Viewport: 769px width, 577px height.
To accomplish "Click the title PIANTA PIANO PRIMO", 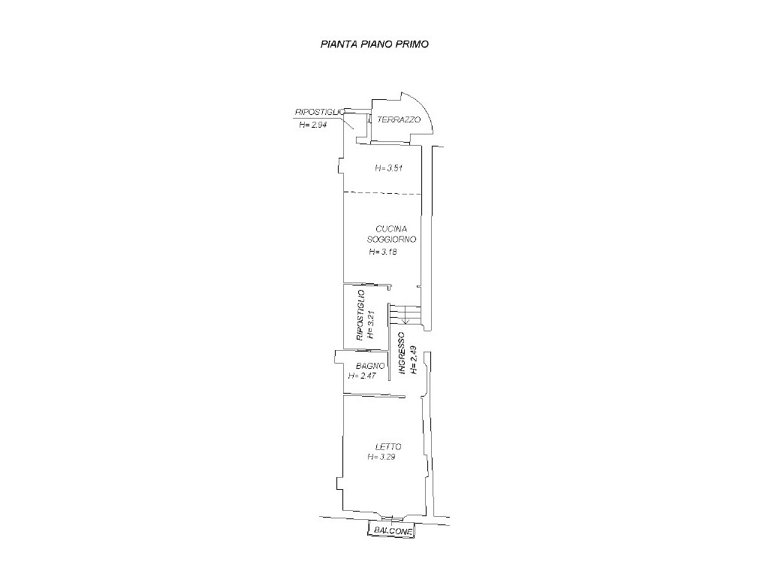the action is click(x=375, y=44).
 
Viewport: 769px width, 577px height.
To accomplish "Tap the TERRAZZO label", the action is click(x=399, y=119).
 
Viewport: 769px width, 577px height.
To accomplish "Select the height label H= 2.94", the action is click(x=313, y=125).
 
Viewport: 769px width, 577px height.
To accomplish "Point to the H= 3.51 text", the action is click(x=388, y=168).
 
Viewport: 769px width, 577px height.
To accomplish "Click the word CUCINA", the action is click(x=391, y=228).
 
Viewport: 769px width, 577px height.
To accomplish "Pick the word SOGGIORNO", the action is click(x=391, y=240).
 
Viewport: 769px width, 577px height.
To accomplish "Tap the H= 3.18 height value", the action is click(x=382, y=252).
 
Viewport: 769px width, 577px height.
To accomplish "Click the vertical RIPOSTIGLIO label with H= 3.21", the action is click(x=366, y=316).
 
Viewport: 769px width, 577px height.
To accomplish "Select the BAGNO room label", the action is click(x=370, y=366).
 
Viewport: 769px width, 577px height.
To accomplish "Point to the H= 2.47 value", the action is click(x=362, y=376).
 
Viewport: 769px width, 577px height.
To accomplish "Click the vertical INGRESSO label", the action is click(x=402, y=354).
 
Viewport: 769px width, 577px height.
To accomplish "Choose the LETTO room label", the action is click(x=388, y=447).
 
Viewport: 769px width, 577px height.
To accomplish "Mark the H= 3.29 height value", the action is click(x=381, y=458).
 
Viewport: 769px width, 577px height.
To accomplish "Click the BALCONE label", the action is click(x=393, y=530).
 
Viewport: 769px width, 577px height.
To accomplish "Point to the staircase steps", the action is click(x=405, y=315).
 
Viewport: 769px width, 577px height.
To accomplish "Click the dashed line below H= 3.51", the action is click(x=382, y=193).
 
